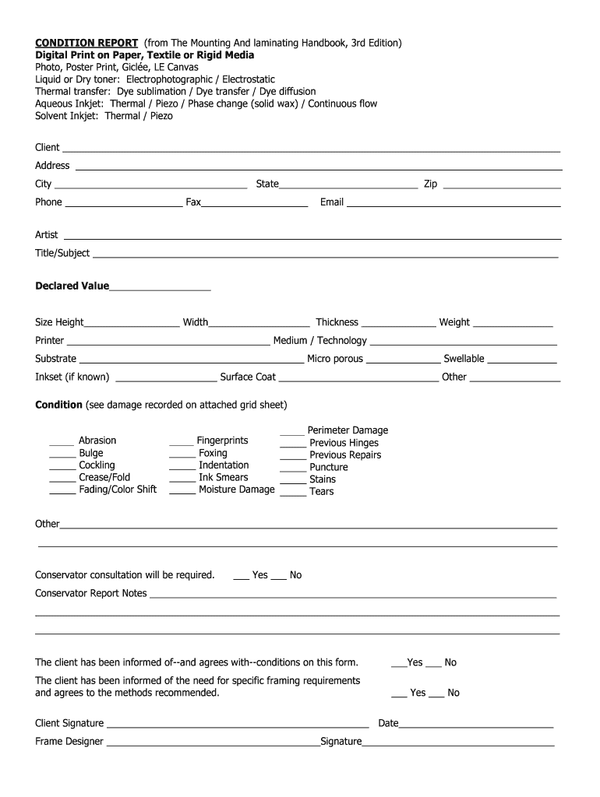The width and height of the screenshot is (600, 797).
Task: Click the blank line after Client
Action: [311, 149]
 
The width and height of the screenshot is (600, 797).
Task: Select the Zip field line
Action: [501, 186]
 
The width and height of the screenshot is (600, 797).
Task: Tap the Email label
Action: [331, 202]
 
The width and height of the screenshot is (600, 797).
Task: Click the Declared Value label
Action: [72, 286]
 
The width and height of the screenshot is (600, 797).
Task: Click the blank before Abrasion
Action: [62, 443]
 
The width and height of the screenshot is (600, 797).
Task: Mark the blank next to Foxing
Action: [182, 455]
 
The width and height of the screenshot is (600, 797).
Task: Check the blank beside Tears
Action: [293, 493]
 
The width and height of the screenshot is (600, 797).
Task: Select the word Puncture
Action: [328, 467]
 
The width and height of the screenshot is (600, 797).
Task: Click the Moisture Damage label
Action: [236, 490]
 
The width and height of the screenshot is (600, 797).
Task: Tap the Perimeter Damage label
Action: [348, 430]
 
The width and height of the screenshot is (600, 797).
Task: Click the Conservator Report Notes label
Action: [90, 593]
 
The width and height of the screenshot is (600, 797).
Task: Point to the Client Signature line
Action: [238, 726]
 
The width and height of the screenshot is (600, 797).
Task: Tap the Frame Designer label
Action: [69, 741]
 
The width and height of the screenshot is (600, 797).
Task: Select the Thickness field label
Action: [337, 322]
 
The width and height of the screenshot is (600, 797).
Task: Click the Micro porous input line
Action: [403, 361]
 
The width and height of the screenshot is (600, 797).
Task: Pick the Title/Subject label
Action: [62, 253]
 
